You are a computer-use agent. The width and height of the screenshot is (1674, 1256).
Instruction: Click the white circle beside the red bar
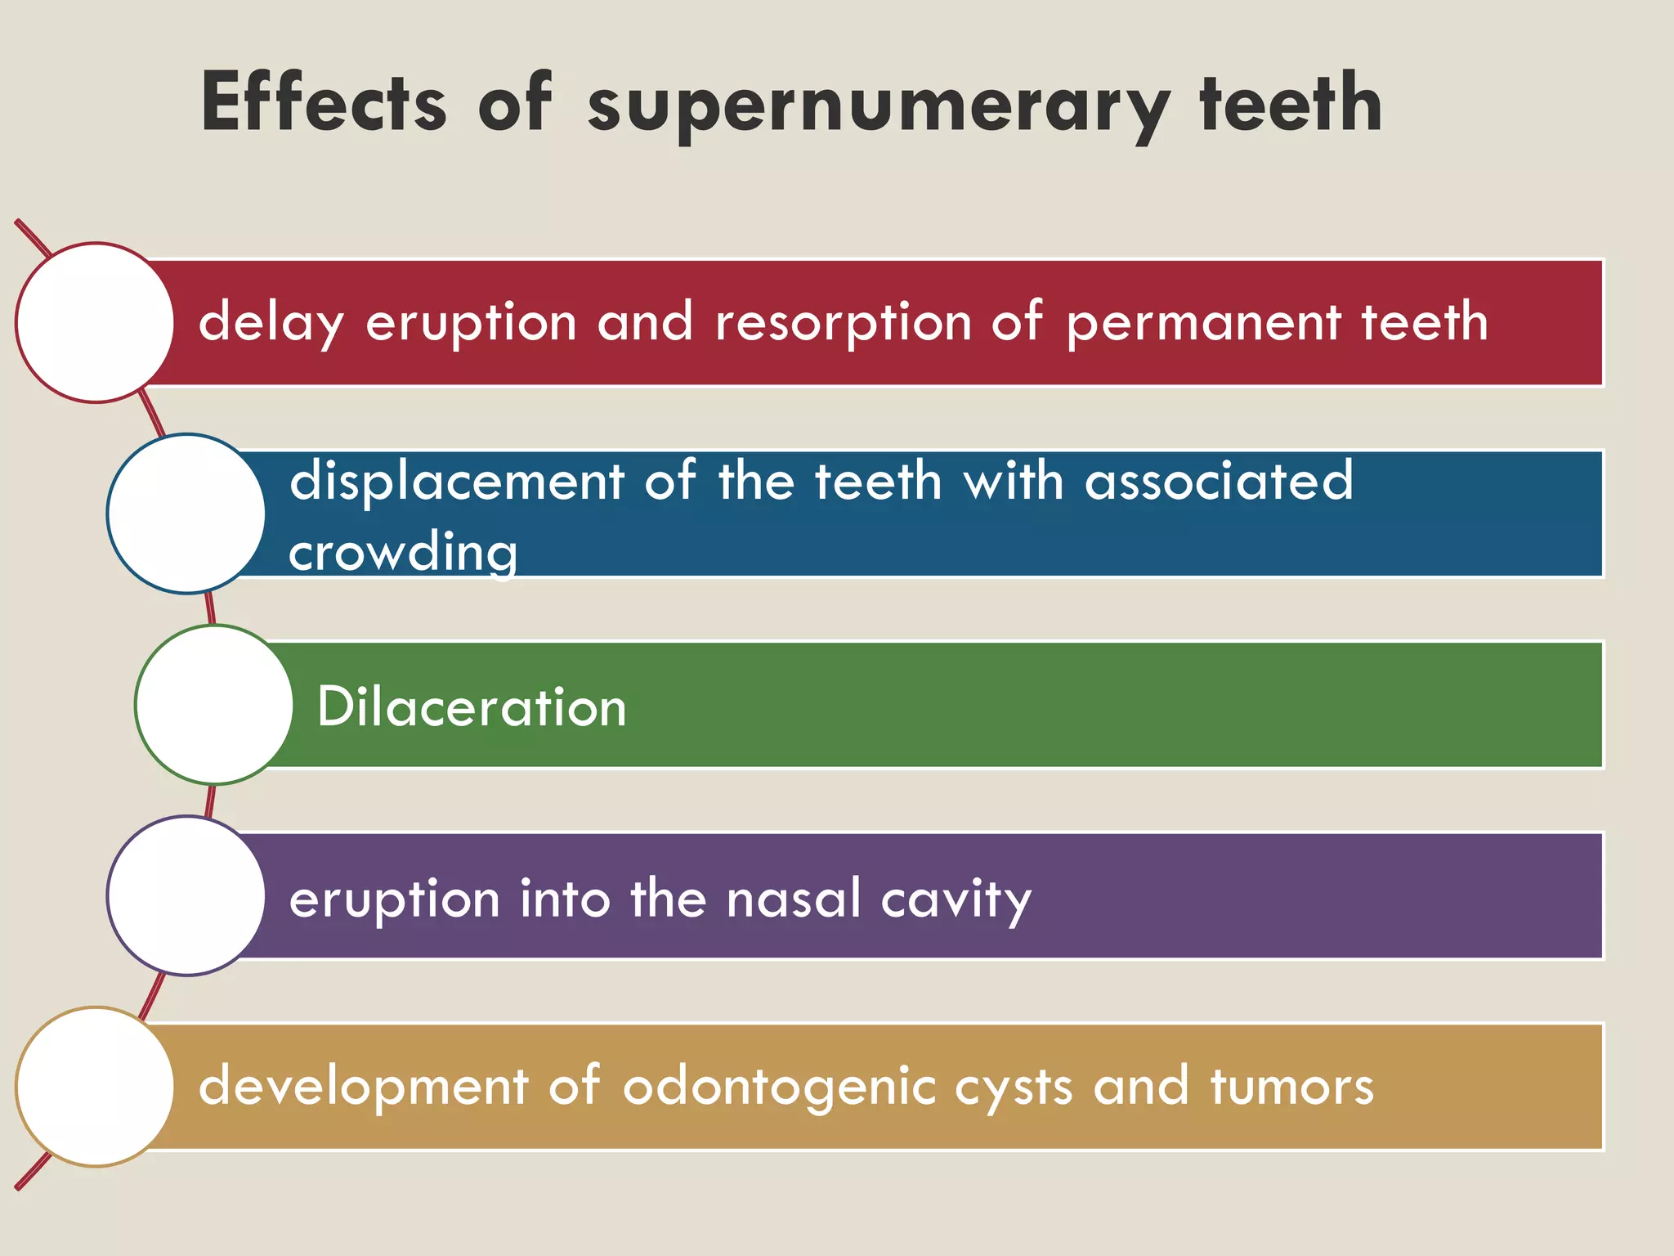coord(96,322)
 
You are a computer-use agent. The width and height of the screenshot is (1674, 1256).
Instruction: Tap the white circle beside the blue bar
coord(186,513)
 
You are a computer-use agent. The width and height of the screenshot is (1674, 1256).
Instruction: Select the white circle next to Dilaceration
coord(214,704)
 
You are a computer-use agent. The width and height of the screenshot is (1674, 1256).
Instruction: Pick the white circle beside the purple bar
coord(186,895)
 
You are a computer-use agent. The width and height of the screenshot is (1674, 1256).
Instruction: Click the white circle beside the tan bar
coord(96,1086)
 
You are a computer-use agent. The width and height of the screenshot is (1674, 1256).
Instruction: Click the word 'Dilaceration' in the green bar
coord(472,706)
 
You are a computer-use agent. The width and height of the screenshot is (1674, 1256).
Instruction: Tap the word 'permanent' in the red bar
coord(1203,323)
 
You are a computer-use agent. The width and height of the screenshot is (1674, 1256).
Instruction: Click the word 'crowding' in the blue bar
coord(403,553)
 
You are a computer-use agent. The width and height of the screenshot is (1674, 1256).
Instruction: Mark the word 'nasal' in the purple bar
coord(794,899)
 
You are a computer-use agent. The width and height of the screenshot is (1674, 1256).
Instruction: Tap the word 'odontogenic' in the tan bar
coord(779,1088)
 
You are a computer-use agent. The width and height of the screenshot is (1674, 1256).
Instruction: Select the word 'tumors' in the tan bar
coord(1291,1087)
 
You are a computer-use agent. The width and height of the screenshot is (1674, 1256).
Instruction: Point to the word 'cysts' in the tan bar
coord(1013,1088)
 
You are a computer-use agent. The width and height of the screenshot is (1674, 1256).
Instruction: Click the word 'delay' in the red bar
coord(271,323)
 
